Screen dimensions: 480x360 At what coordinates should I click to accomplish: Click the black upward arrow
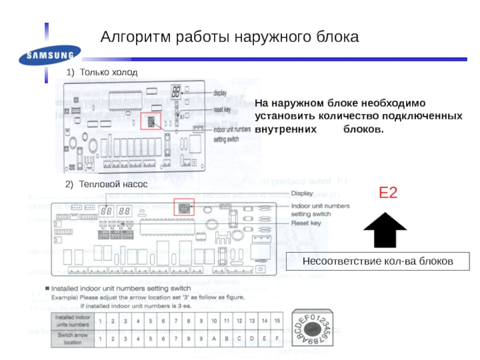click(x=385, y=230)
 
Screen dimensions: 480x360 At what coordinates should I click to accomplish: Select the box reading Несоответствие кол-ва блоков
click(x=377, y=262)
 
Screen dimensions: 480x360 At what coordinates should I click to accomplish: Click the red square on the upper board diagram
click(x=151, y=122)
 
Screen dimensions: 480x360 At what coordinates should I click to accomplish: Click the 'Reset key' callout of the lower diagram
click(x=306, y=223)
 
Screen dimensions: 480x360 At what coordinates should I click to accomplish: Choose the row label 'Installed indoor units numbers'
click(x=73, y=322)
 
